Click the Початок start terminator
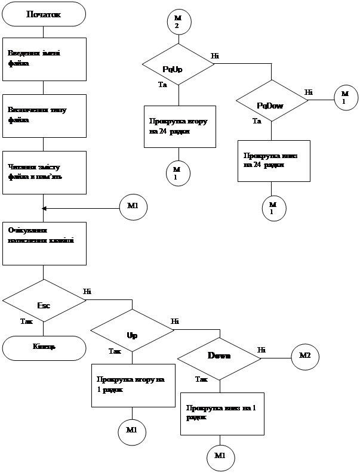(x=44, y=14)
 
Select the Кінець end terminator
(x=44, y=348)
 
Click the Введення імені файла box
(x=44, y=59)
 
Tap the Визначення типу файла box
(x=44, y=115)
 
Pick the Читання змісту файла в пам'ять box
(x=44, y=172)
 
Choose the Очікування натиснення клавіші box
(x=44, y=243)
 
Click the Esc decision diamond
(x=44, y=305)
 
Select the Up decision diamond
(x=132, y=335)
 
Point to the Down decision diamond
(x=219, y=355)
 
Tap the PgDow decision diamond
(x=272, y=105)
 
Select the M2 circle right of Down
(x=304, y=355)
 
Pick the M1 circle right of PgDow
(x=345, y=98)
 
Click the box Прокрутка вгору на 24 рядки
(x=179, y=126)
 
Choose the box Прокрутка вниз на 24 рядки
(x=273, y=160)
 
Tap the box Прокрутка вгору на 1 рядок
(x=132, y=385)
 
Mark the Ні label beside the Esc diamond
(x=87, y=291)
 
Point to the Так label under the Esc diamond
(x=27, y=321)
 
